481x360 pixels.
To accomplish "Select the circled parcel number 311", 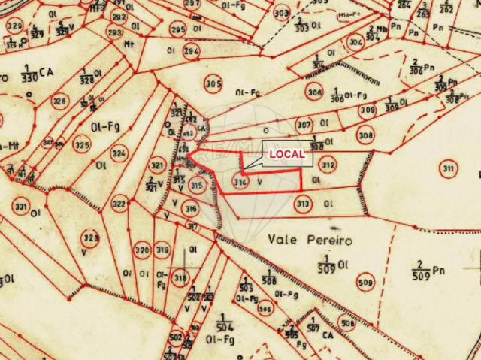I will [x=449, y=168].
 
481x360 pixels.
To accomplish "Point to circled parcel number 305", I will [x=213, y=83].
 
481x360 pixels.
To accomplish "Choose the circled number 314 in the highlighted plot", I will [x=240, y=181].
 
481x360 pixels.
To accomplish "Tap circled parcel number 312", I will [x=327, y=165].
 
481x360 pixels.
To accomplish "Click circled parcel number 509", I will [x=365, y=283].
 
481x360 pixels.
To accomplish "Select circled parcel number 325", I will [x=81, y=144].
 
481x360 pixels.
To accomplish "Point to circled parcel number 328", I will [x=59, y=101].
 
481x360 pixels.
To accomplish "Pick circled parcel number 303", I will [x=282, y=13].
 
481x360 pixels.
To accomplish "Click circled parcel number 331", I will [x=21, y=207].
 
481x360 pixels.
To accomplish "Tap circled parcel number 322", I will [x=119, y=203].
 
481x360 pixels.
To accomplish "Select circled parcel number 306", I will [x=314, y=91].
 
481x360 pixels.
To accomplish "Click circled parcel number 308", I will [x=365, y=135].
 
